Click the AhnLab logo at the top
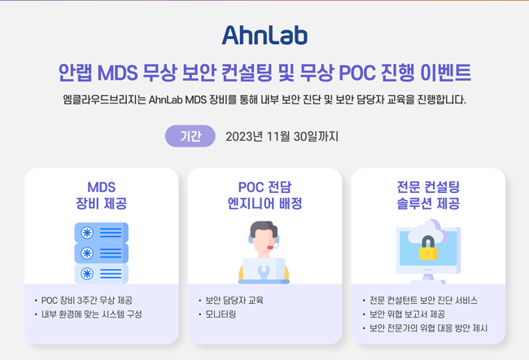point(264,35)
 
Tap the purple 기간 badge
point(190,136)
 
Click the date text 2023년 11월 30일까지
point(282,137)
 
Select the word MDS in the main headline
point(118,72)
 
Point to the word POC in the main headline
point(357,72)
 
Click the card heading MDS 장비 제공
point(102,195)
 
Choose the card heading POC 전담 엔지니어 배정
point(264,195)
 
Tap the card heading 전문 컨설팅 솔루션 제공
point(428,195)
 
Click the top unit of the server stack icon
point(101,232)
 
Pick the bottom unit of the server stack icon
point(101,274)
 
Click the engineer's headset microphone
point(270,248)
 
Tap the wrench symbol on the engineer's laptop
point(264,271)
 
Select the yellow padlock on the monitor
point(428,248)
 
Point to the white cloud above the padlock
point(428,230)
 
